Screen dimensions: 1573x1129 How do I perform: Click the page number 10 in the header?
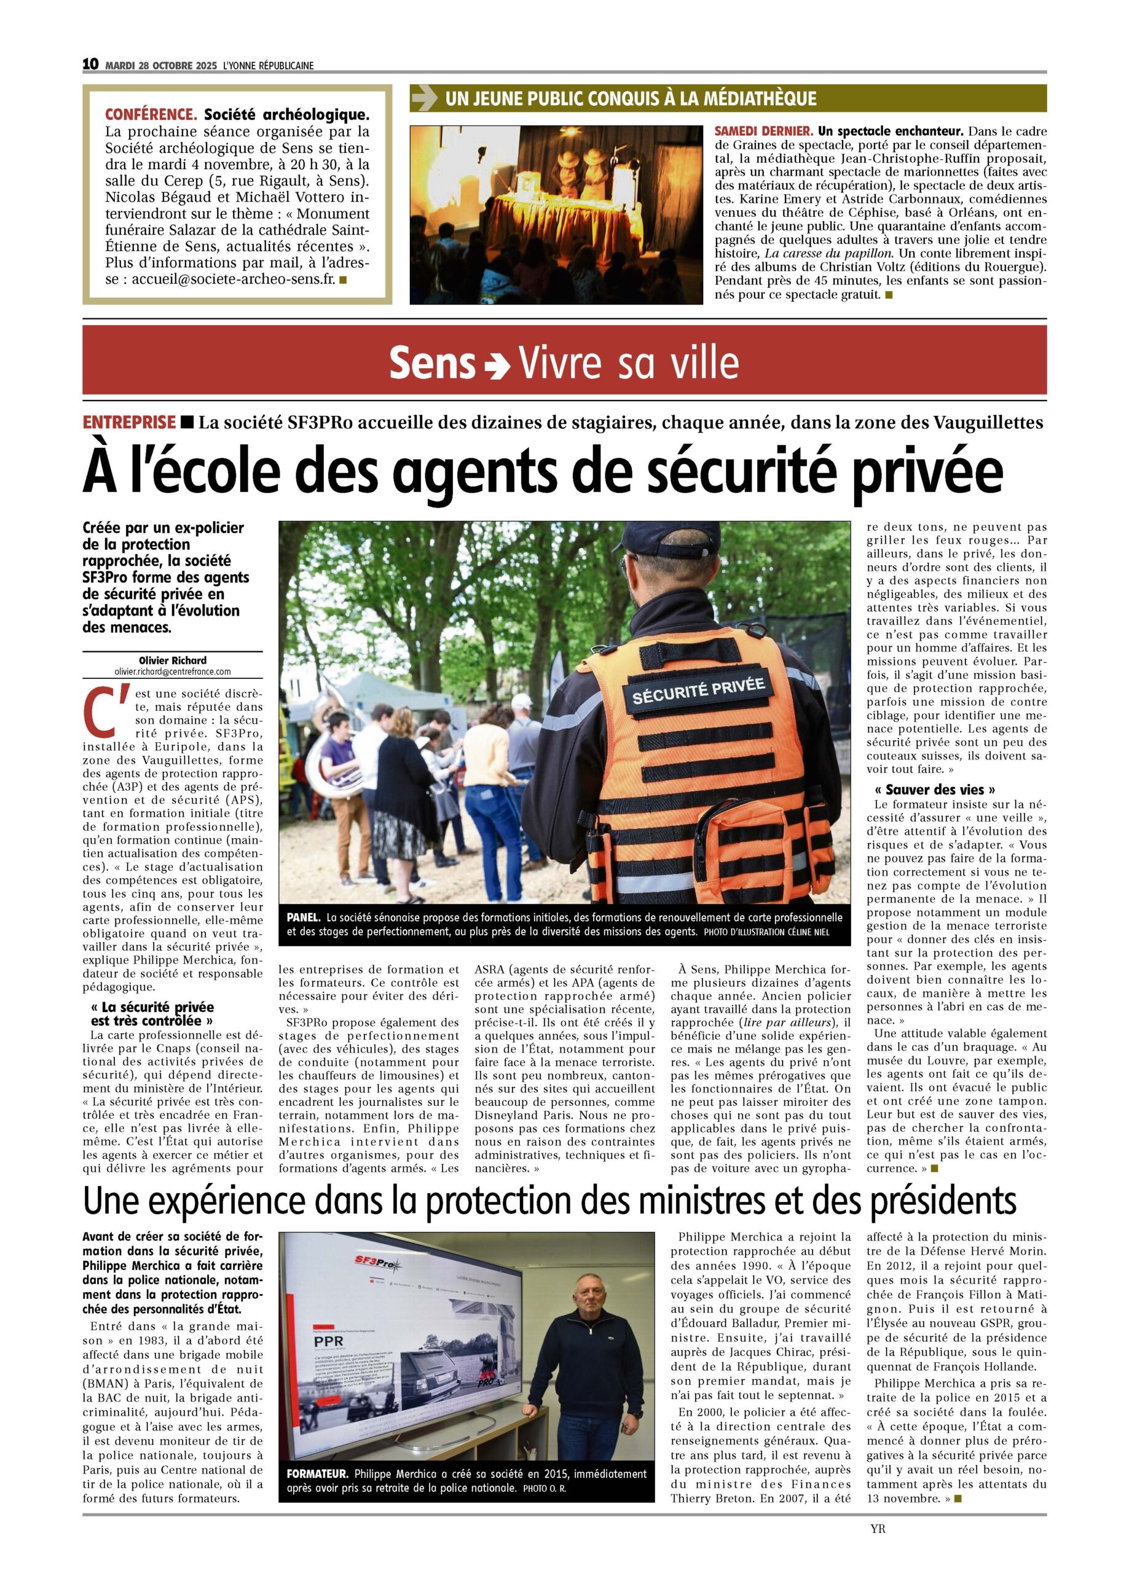coord(90,65)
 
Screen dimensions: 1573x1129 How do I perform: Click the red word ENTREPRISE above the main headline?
coord(129,422)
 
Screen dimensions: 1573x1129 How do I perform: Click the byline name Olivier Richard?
coord(172,661)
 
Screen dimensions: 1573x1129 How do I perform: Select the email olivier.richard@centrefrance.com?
coord(172,672)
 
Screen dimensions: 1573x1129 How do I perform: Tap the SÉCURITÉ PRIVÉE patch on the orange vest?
coord(698,689)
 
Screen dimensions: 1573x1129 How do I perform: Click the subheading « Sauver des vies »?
coord(935,790)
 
